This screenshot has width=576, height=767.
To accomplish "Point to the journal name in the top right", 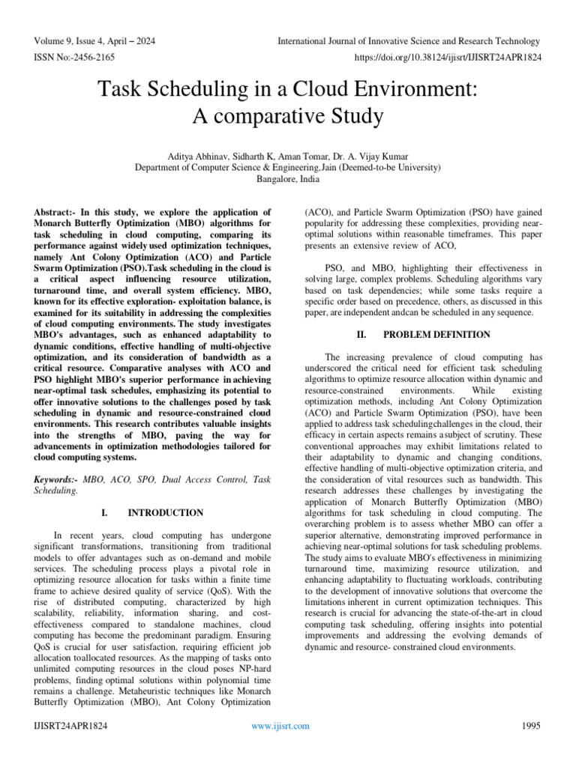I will [408, 41].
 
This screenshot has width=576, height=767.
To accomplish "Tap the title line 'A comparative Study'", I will [287, 117].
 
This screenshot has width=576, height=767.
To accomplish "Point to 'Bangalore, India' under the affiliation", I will [287, 179].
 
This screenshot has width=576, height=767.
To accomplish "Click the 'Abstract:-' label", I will [59, 213].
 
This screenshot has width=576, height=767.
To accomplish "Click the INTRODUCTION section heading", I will [165, 513].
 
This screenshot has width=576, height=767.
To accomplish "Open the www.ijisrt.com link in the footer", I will [280, 727].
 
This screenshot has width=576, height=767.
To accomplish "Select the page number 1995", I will [530, 727].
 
